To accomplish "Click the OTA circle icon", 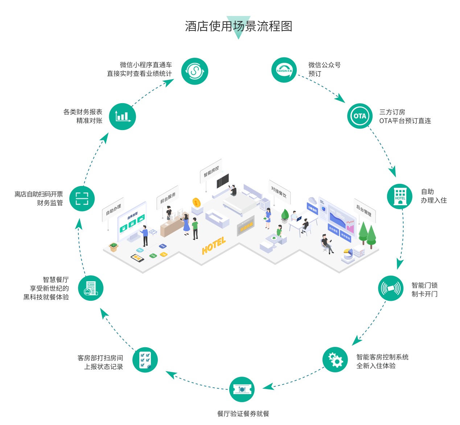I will [x=360, y=116].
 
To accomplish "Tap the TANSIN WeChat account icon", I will [x=284, y=70].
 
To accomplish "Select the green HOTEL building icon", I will [x=400, y=196].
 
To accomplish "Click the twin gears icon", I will [x=335, y=360].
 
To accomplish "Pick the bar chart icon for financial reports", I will [x=122, y=117].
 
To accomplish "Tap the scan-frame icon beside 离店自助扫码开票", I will [x=82, y=199].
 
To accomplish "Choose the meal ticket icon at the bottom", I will [x=242, y=389].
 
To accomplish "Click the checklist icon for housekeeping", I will [x=145, y=360].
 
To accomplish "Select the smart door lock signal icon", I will [x=391, y=288].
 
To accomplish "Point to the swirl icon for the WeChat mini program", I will [x=194, y=71].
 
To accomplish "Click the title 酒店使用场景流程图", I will [x=238, y=27].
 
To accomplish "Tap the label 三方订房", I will [x=392, y=112].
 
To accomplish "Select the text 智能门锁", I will [x=424, y=286].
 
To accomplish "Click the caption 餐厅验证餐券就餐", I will [x=243, y=413].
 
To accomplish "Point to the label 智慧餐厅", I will [x=56, y=280].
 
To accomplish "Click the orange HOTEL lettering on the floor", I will [x=214, y=246].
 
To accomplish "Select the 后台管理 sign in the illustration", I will [x=364, y=210].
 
